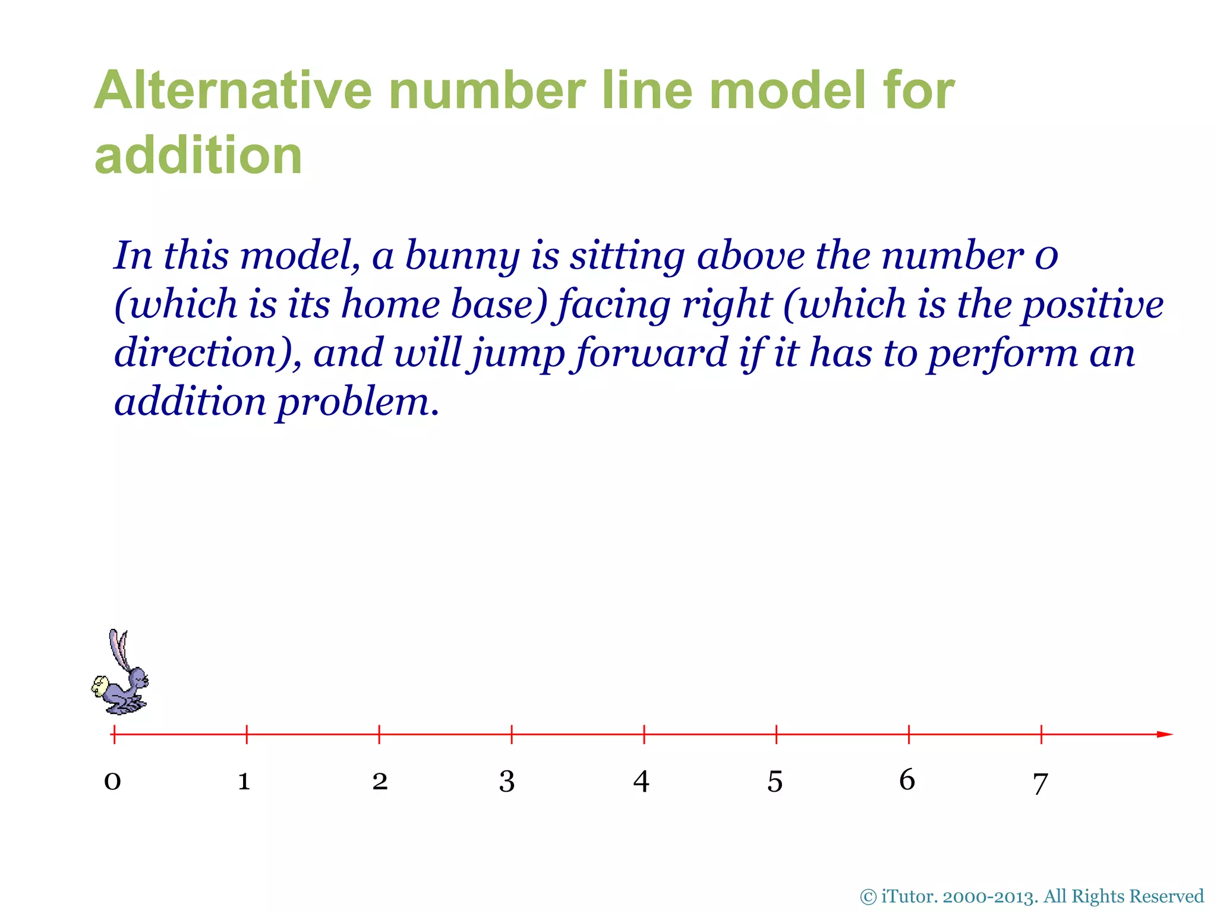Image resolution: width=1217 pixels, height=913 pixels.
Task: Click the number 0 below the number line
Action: tap(112, 781)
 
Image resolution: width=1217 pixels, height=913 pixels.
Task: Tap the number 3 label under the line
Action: tap(506, 781)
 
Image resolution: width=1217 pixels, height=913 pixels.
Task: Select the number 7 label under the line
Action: tap(1040, 783)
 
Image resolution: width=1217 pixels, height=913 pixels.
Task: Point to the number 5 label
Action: tap(775, 782)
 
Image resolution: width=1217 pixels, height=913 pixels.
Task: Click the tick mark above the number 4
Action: tap(644, 735)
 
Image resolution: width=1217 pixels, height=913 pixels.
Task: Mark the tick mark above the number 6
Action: tap(909, 735)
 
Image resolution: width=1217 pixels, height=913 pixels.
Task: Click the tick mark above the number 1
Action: tap(247, 735)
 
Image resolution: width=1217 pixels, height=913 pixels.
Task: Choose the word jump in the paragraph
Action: tap(516, 354)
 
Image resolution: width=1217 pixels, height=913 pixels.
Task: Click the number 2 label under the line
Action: tap(380, 781)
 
